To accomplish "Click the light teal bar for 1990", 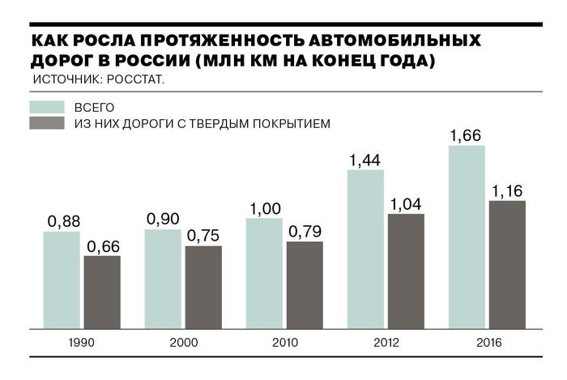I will click(x=62, y=280).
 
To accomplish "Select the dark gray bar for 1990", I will click(x=102, y=292).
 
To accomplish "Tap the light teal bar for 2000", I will click(x=163, y=279).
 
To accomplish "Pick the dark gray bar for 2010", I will click(x=305, y=285).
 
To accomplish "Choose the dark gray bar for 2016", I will click(x=507, y=265).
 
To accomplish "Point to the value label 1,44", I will click(x=365, y=160).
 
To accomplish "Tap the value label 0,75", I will click(x=203, y=236).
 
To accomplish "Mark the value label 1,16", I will click(x=507, y=190).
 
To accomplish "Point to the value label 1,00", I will click(x=264, y=208).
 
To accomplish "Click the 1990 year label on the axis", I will click(x=81, y=343).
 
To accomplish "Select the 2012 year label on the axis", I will click(x=385, y=343).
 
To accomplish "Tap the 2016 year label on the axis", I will click(x=486, y=343).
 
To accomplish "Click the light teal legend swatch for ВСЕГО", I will click(x=47, y=107).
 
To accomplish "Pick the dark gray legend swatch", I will click(x=47, y=124).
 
